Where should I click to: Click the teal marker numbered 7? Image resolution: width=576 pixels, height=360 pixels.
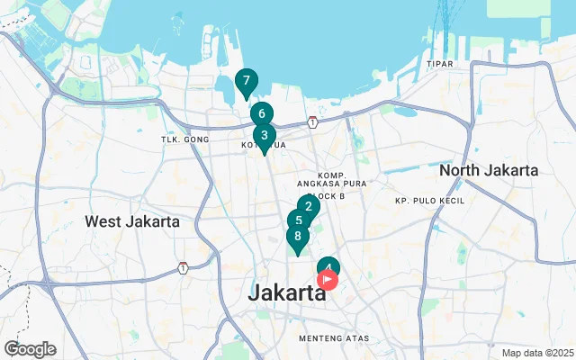[x=246, y=81]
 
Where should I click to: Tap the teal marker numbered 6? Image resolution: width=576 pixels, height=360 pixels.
[x=261, y=113]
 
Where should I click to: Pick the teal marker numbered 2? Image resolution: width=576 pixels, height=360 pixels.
[x=309, y=206]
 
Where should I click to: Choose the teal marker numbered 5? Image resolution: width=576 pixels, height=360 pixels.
[x=299, y=220]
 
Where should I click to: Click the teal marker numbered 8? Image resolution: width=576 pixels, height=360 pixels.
[x=297, y=237]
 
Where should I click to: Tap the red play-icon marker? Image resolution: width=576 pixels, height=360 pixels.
[x=328, y=280]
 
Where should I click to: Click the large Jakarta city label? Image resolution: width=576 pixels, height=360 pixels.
[x=286, y=292]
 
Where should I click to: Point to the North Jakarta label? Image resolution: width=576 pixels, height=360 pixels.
[x=489, y=170]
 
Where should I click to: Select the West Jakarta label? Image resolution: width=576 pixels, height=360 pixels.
[x=132, y=221]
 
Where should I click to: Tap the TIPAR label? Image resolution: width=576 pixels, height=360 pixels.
[x=440, y=65]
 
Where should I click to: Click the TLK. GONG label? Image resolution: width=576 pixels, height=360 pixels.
[x=184, y=139]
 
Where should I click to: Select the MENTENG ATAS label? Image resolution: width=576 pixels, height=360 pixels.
[x=333, y=338]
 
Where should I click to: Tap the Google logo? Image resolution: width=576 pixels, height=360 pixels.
[x=30, y=349]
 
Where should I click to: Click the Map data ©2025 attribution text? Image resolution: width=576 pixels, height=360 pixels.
[x=537, y=353]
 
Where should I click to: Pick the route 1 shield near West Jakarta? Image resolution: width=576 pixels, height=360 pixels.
[x=183, y=267]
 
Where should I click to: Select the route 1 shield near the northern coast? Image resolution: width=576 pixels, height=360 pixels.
[x=311, y=121]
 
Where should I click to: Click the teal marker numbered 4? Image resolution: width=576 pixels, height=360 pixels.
[x=328, y=265]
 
